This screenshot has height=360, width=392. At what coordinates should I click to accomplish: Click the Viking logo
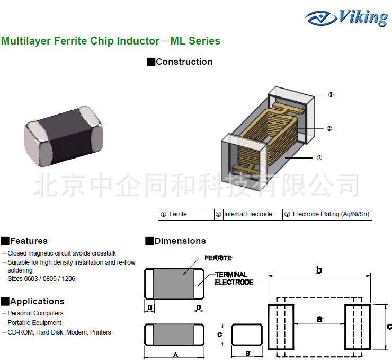pos(347,18)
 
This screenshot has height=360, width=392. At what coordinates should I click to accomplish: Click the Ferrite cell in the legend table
pos(186,214)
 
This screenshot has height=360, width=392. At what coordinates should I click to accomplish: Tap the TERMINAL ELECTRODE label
pos(234,278)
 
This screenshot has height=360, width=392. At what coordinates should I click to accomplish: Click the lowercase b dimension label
pos(319,270)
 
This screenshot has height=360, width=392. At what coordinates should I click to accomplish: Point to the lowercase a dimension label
pos(319,318)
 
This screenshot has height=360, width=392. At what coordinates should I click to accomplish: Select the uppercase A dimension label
pos(175,354)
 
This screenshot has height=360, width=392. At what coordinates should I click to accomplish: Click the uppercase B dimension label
pos(247,354)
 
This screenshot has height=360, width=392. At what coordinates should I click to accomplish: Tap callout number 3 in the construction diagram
pos(331,95)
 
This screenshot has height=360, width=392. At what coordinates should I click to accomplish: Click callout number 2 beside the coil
pos(329,128)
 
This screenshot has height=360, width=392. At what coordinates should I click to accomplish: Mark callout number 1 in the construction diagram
pos(319,157)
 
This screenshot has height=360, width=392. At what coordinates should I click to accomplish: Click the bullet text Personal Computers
pos(35,313)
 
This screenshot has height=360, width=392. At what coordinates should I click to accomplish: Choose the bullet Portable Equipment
pos(34,322)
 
